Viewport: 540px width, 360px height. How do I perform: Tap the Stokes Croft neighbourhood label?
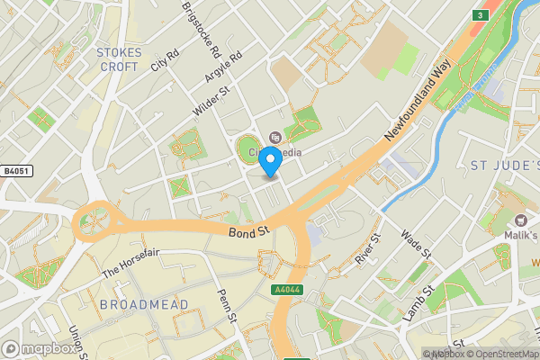(120, 59)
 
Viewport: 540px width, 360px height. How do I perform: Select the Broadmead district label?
(144, 305)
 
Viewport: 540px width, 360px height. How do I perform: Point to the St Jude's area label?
(505, 166)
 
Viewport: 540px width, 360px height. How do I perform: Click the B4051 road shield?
(16, 170)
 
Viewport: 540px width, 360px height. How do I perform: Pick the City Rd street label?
(166, 59)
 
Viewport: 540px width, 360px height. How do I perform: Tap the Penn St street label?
(226, 306)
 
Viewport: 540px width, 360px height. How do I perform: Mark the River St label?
(368, 247)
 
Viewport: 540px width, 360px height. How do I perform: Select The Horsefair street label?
(130, 263)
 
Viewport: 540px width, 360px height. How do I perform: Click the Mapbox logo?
(40, 348)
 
